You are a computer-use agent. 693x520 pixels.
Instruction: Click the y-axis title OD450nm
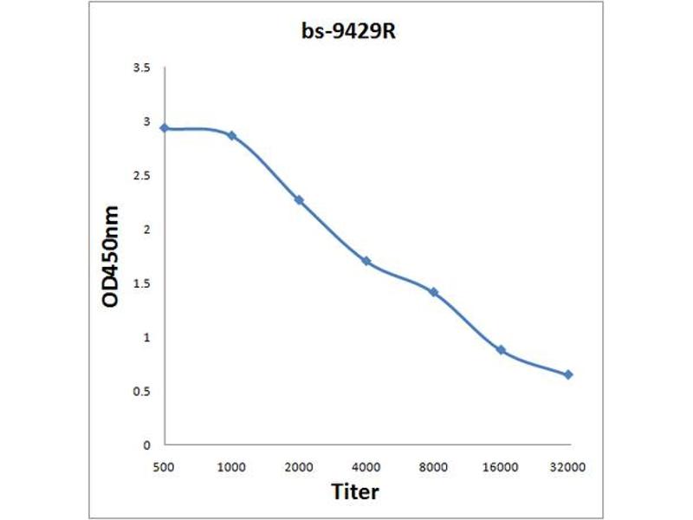click(110, 257)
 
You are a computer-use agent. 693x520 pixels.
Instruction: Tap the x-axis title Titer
click(355, 492)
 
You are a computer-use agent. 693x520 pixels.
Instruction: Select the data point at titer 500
click(163, 128)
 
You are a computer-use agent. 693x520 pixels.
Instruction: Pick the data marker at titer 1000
click(231, 136)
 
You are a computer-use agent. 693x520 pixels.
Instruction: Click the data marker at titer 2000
click(299, 200)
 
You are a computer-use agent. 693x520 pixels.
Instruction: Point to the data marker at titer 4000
click(366, 261)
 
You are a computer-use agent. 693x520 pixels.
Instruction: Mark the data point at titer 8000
click(433, 292)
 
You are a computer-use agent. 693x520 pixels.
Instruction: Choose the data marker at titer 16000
click(501, 350)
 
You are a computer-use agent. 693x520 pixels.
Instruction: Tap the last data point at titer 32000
click(568, 374)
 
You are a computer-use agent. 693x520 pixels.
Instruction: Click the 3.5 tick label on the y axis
click(143, 68)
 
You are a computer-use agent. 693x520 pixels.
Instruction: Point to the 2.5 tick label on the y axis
click(143, 176)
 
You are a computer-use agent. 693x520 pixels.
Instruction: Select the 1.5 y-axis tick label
click(143, 283)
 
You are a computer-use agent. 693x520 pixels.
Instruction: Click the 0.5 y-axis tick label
click(143, 391)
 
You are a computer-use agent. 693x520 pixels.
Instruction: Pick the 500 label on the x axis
click(163, 467)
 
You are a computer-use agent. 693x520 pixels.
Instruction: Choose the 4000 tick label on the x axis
click(366, 467)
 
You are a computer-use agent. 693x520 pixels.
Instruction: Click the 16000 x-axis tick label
click(501, 467)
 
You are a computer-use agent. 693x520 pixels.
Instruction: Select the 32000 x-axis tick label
click(568, 467)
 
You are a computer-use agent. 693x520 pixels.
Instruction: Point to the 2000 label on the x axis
click(299, 467)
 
